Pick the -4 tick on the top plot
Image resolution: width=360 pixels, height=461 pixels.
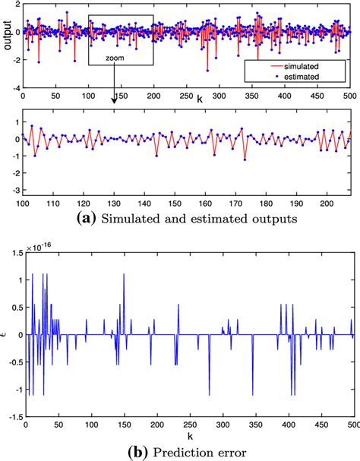[x=15, y=88]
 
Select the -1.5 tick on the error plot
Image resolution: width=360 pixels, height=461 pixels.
[x=14, y=416]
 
